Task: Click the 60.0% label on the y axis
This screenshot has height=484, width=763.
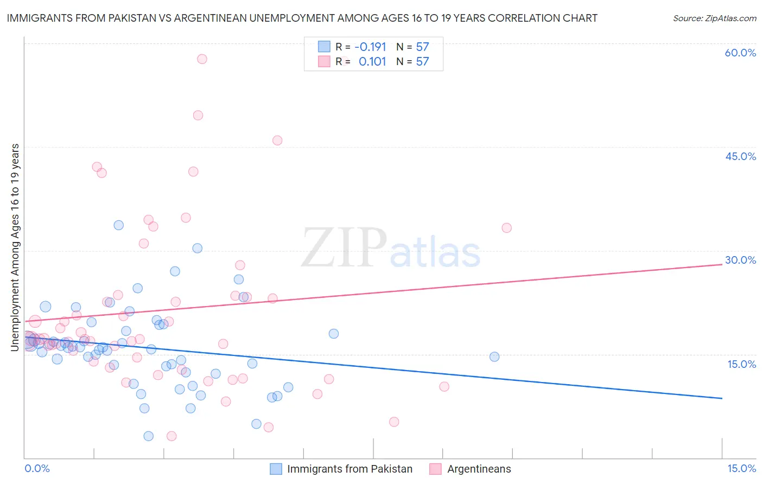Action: pyautogui.click(x=740, y=53)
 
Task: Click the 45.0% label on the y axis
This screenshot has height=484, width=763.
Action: pyautogui.click(x=740, y=156)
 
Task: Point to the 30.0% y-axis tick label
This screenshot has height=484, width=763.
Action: pyautogui.click(x=740, y=260)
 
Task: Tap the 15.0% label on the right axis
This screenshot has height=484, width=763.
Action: pyautogui.click(x=741, y=364)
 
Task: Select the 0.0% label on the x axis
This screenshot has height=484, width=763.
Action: pyautogui.click(x=37, y=468)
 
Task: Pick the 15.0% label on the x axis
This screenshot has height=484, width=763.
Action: pyautogui.click(x=741, y=468)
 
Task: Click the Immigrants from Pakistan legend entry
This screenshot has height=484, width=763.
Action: pyautogui.click(x=349, y=469)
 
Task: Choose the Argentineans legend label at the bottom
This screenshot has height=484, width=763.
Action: pyautogui.click(x=479, y=469)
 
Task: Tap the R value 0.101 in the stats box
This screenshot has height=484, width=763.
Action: pyautogui.click(x=372, y=61)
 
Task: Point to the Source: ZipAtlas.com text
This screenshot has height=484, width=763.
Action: pyautogui.click(x=714, y=18)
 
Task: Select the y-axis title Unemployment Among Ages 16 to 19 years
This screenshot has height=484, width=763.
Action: pyautogui.click(x=15, y=247)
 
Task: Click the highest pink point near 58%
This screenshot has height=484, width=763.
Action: pyautogui.click(x=202, y=59)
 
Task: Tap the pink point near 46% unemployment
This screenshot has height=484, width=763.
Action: pyautogui.click(x=277, y=141)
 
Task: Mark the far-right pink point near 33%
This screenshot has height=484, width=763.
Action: pyautogui.click(x=506, y=228)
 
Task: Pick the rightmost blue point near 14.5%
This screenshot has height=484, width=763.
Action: pyautogui.click(x=494, y=356)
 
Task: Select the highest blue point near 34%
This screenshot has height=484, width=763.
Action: pyautogui.click(x=118, y=225)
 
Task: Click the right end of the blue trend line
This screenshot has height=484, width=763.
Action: pyautogui.click(x=722, y=398)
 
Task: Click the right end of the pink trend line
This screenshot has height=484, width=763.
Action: pyautogui.click(x=722, y=264)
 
